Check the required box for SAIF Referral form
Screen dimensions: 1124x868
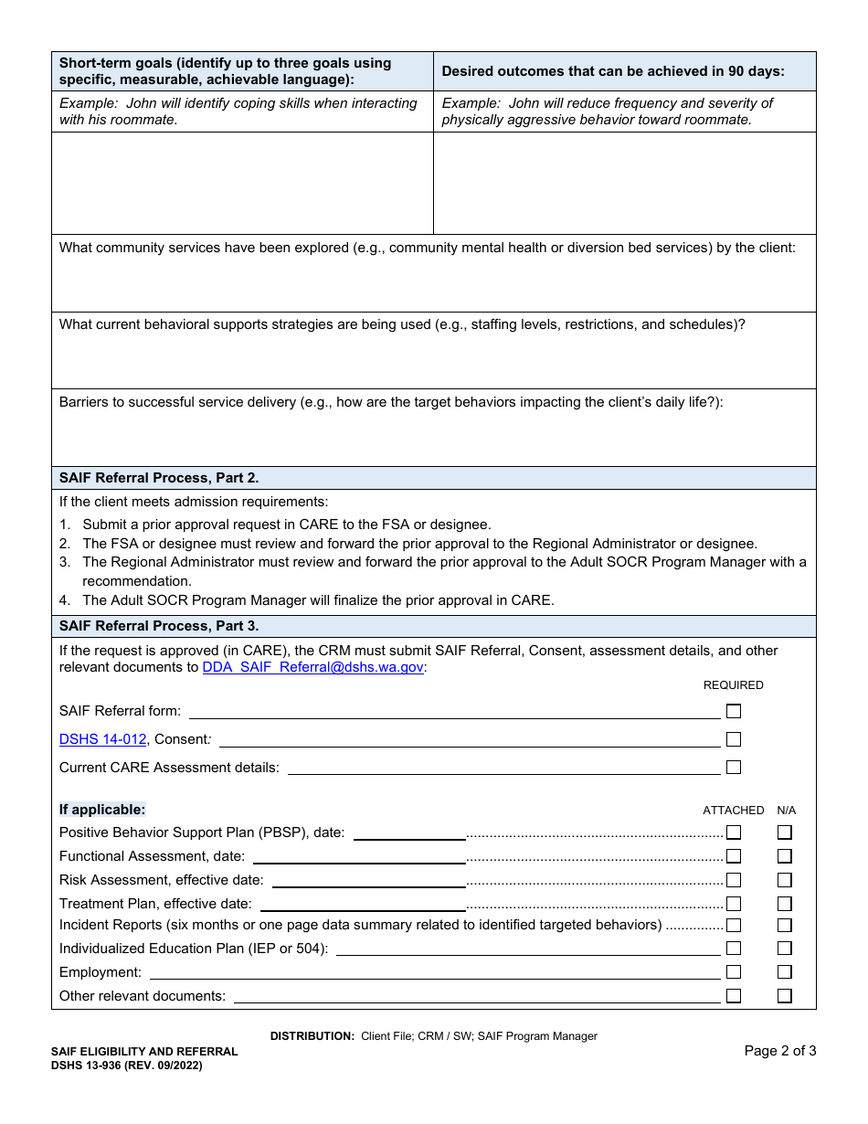[733, 711]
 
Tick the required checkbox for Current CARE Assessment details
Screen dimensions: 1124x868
[733, 768]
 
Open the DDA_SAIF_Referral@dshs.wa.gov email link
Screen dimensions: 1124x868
[313, 667]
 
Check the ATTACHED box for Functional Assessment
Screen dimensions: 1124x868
[733, 856]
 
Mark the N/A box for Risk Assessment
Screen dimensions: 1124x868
[784, 880]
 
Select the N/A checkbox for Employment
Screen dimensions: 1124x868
[784, 972]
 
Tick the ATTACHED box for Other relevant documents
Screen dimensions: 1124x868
[733, 996]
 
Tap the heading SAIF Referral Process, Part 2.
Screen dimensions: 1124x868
[159, 478]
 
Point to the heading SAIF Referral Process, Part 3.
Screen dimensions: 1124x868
[159, 626]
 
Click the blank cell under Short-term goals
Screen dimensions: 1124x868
[242, 183]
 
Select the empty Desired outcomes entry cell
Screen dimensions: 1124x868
[624, 183]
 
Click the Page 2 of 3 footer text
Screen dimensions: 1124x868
[779, 1051]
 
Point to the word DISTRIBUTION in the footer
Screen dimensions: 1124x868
[312, 1036]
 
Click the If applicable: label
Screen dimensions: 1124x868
[102, 810]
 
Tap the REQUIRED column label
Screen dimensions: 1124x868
[733, 685]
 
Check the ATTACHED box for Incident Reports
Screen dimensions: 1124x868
[733, 925]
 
